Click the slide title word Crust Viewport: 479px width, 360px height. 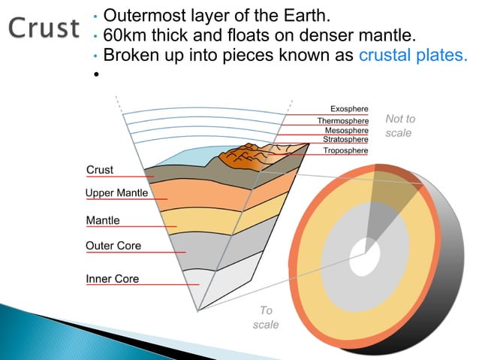coord(44,27)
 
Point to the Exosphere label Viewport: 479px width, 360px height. coord(349,110)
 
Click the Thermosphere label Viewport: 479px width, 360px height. coord(342,120)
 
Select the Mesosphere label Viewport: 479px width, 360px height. coord(346,130)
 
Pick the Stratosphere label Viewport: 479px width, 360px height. coord(345,139)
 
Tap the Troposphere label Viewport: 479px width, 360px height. coord(345,150)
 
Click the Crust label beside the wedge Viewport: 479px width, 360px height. coord(100,171)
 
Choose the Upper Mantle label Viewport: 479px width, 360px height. coord(116,194)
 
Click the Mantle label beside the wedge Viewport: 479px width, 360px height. coord(103,220)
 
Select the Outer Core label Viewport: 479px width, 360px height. coord(113,246)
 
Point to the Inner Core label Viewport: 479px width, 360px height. coord(113,279)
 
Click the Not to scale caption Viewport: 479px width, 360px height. coord(399,126)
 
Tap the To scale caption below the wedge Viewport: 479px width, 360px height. coord(266,317)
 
